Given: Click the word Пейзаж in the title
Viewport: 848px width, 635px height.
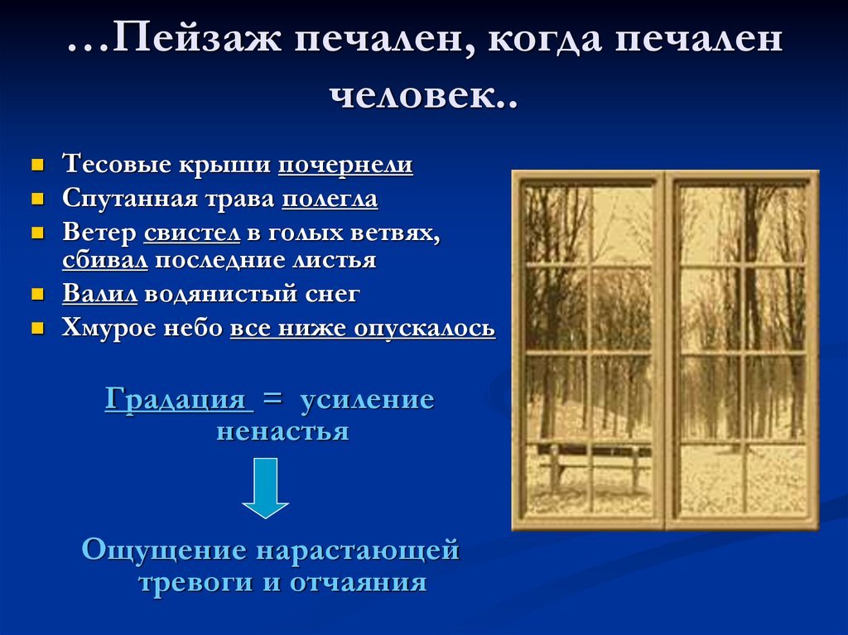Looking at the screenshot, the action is [198, 39].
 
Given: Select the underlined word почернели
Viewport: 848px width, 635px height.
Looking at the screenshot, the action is [345, 165].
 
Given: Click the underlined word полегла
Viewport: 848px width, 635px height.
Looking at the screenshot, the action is [330, 199].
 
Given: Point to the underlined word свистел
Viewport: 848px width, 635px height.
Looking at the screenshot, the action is [192, 233].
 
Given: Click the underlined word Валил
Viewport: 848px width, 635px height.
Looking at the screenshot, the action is [100, 294].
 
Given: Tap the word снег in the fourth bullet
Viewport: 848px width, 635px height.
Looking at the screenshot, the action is [332, 294].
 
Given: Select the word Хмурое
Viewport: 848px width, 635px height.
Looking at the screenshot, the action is [108, 329].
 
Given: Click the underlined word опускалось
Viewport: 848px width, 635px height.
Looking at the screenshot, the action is [425, 329].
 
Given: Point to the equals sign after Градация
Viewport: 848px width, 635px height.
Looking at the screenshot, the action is [272, 399].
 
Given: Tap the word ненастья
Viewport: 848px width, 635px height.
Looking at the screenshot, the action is [283, 431].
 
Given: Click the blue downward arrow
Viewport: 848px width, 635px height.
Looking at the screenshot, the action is [265, 488].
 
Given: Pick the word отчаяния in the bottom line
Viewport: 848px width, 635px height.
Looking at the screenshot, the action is [359, 583].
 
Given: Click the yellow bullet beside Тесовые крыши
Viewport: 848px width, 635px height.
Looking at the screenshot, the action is [38, 165].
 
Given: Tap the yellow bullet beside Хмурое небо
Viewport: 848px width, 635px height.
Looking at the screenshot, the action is [38, 329].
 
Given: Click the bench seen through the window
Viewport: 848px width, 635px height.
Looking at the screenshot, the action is [593, 464].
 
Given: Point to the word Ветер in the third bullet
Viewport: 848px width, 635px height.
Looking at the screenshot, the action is [99, 233].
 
